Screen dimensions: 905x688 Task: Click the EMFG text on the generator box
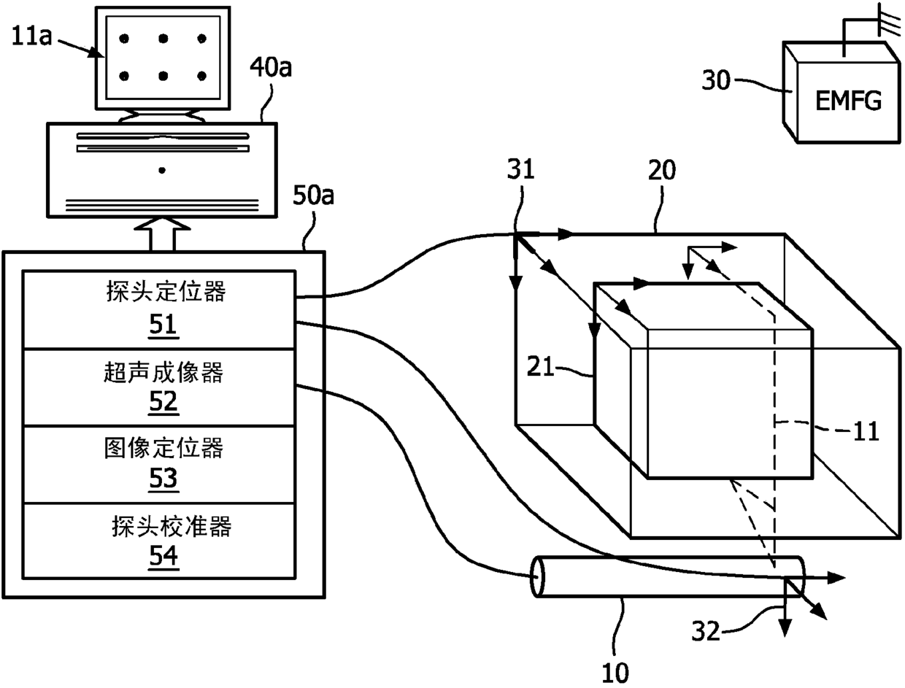849,101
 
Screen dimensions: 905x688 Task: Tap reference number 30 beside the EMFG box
716,80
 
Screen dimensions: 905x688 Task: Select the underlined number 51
163,325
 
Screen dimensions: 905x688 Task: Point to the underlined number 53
163,478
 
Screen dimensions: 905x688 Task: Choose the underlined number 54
163,556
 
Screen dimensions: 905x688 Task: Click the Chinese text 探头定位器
166,292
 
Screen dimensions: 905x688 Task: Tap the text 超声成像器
163,372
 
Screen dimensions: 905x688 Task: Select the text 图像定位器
163,448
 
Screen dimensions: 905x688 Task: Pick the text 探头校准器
172,526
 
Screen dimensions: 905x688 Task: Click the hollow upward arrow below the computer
162,234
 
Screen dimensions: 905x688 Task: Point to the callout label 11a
31,36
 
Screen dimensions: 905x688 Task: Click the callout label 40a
271,68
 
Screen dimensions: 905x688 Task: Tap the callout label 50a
313,196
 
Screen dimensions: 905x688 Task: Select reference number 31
520,169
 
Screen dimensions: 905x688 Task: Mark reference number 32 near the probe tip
706,631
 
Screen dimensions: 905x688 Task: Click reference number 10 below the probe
615,673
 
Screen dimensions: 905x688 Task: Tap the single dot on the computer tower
162,170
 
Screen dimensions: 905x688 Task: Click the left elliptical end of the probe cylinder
537,577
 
